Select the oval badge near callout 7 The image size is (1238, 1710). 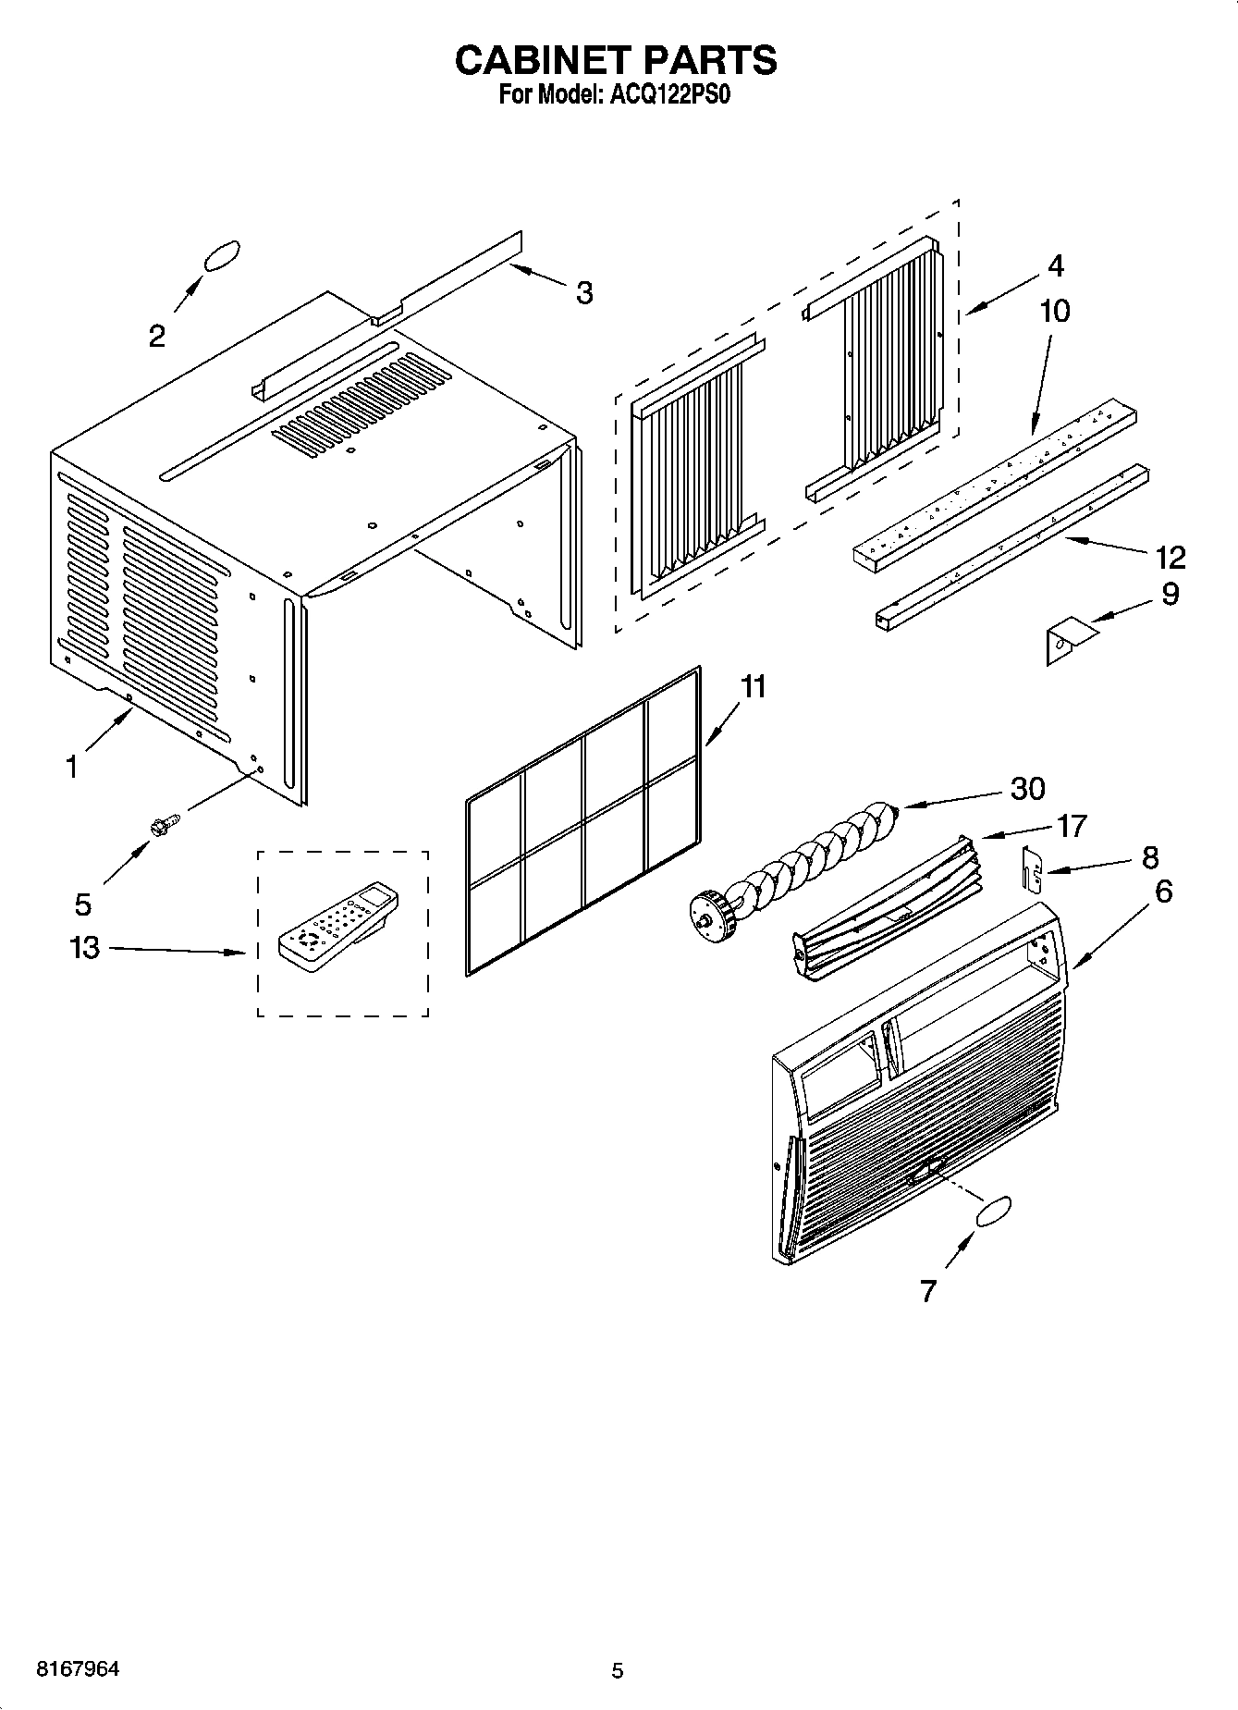tap(991, 1212)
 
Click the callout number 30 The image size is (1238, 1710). tap(1026, 788)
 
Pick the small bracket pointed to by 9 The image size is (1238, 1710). tap(1068, 640)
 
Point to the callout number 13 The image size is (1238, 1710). tap(84, 947)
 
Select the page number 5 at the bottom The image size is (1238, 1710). tap(618, 1670)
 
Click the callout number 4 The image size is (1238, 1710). tap(1055, 265)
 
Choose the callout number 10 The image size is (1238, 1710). tap(1054, 311)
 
